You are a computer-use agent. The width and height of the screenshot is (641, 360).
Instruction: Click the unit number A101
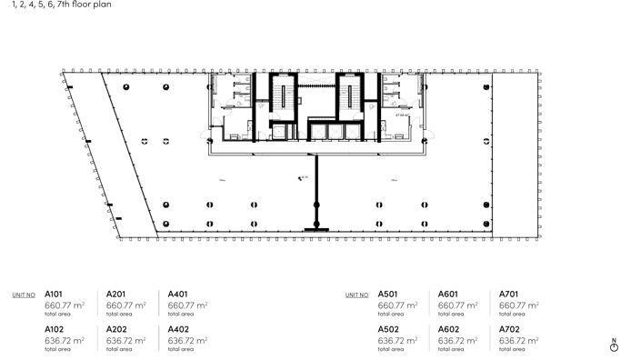(x=53, y=295)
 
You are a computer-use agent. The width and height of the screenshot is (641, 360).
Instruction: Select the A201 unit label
(x=116, y=295)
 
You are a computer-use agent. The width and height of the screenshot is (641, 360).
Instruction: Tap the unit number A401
(x=178, y=295)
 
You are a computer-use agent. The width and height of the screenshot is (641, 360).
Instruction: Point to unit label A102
(x=53, y=329)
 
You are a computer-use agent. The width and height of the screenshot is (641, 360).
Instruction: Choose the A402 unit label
(x=178, y=329)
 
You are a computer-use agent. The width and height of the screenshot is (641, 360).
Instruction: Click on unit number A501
(x=387, y=295)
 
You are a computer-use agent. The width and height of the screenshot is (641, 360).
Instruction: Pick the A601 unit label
(x=448, y=295)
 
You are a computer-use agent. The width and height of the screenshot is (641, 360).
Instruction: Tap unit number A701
(x=509, y=295)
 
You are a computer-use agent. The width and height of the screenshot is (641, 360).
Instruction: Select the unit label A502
(x=387, y=329)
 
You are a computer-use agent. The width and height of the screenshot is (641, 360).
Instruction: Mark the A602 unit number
(x=448, y=329)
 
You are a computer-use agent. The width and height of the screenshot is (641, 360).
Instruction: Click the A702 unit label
(x=509, y=329)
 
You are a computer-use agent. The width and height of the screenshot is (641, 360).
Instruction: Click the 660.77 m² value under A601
(x=457, y=305)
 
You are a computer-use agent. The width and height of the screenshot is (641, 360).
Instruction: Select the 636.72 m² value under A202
(x=125, y=340)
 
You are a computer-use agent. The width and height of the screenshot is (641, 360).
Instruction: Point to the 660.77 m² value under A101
(x=64, y=305)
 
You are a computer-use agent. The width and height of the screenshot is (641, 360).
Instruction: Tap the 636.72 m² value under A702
(x=519, y=340)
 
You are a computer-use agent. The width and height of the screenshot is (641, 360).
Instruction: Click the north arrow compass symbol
(x=615, y=347)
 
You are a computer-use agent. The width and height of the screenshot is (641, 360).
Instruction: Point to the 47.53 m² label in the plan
(x=401, y=115)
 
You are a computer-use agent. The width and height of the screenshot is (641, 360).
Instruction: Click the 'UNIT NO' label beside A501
(x=356, y=295)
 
